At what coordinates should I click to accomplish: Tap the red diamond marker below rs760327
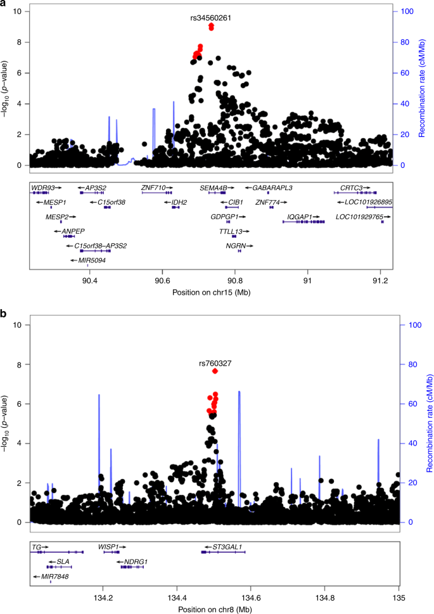click(215, 371)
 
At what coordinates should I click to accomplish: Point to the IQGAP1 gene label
click(300, 217)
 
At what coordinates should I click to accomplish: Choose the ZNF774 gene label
click(267, 202)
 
